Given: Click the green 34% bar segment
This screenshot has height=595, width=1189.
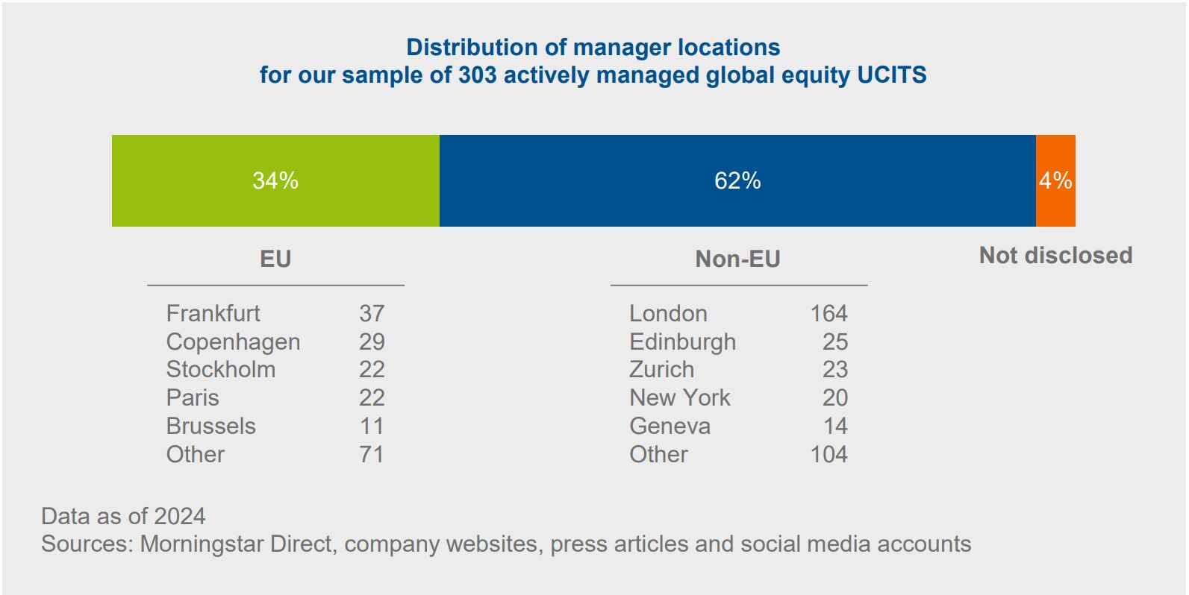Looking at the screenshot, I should (x=275, y=180).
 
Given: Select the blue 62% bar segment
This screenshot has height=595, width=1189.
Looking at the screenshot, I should (x=737, y=180).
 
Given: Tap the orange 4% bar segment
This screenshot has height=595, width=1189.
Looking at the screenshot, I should (x=1055, y=180).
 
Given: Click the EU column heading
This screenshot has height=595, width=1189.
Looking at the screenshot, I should (x=275, y=259).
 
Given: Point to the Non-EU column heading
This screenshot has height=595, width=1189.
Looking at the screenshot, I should (x=737, y=259).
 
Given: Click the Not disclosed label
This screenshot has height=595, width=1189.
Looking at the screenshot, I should (x=1055, y=255).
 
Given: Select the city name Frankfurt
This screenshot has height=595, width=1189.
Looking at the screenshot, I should (x=213, y=313).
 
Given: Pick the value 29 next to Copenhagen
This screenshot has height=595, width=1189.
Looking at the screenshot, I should (x=372, y=341).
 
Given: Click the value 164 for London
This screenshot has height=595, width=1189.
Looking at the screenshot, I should (x=828, y=313).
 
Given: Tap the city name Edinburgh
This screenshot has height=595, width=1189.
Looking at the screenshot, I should (x=682, y=341).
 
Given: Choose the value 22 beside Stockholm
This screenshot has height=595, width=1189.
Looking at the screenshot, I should (x=372, y=369).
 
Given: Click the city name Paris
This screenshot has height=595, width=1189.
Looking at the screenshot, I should (x=193, y=397).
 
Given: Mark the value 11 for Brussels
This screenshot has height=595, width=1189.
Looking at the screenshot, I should (x=372, y=426).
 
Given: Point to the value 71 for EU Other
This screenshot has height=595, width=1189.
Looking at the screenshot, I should (x=372, y=454).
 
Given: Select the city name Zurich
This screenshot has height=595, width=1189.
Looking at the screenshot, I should (x=661, y=369).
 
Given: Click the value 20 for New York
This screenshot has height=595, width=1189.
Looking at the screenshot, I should (x=834, y=397).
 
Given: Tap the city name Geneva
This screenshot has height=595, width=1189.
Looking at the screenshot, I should (x=670, y=426).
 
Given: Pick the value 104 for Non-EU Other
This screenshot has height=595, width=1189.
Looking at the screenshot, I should (x=828, y=454).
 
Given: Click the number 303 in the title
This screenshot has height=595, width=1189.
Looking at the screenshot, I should (x=477, y=75).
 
